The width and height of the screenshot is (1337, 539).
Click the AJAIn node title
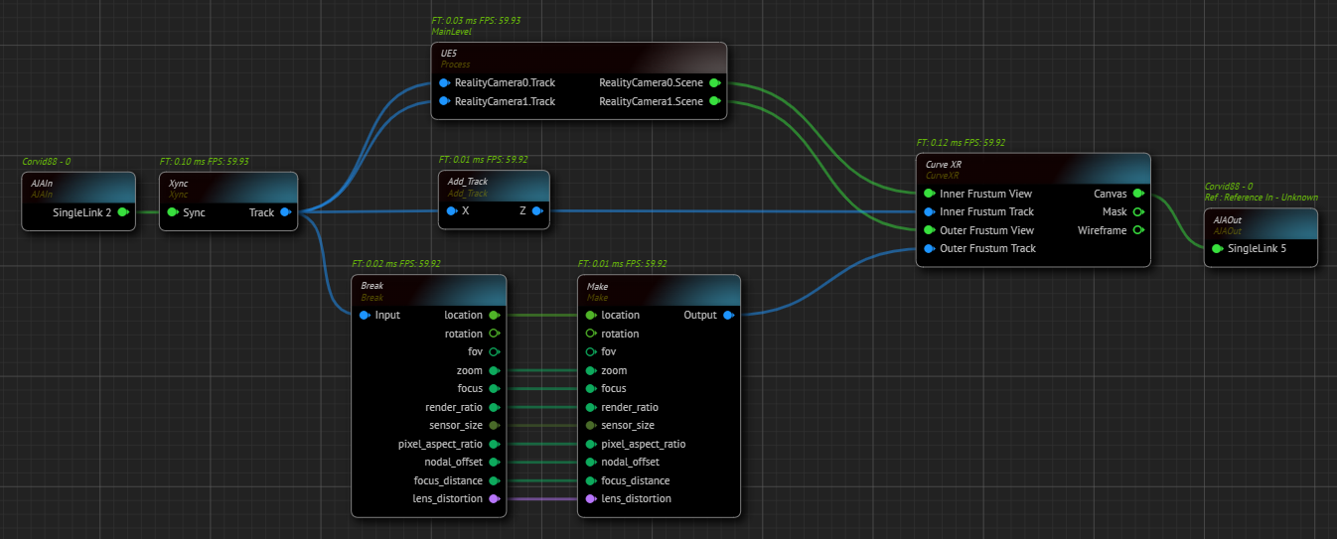coord(41,184)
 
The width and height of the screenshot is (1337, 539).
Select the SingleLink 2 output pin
coord(123,212)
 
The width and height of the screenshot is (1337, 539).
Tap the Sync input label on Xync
coord(194,212)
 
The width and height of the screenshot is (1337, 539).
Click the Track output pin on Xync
coord(285,212)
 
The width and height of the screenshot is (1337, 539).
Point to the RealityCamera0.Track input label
coord(505,82)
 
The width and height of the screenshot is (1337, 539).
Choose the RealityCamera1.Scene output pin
coord(714,101)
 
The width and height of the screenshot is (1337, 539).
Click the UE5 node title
coord(448,53)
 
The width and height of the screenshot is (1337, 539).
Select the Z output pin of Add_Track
coord(536,211)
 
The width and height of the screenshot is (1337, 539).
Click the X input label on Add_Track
coord(465,211)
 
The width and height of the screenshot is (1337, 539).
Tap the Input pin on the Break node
coord(365,316)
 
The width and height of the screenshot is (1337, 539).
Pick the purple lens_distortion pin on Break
coord(494,499)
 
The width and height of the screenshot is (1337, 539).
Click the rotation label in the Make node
coord(620,335)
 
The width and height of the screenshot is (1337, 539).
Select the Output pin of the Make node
coord(728,316)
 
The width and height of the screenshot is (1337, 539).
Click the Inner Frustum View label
coord(985,194)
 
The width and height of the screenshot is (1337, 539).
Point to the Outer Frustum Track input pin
coord(929,249)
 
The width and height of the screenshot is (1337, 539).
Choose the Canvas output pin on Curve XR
coord(1137,194)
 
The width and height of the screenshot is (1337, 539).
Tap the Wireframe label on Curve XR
coord(1102,230)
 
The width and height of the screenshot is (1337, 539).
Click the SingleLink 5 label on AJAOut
coord(1257,248)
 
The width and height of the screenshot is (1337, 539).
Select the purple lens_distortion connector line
coord(541,499)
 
